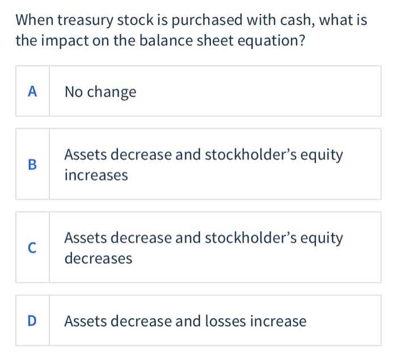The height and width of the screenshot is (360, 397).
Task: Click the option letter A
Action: click(x=32, y=91)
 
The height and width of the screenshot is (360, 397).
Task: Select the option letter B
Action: click(x=32, y=164)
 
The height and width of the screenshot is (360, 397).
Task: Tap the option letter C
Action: click(x=32, y=248)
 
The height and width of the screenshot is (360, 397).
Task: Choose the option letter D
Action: click(x=32, y=321)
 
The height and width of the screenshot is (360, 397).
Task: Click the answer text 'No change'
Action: click(x=100, y=92)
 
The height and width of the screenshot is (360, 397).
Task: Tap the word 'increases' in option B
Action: click(x=96, y=175)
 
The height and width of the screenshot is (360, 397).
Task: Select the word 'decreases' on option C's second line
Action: click(x=98, y=259)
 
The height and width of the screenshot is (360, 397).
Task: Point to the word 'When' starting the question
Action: click(x=35, y=22)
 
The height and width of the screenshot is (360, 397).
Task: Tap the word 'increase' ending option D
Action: click(x=278, y=321)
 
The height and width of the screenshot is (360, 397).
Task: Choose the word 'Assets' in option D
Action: click(x=85, y=321)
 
